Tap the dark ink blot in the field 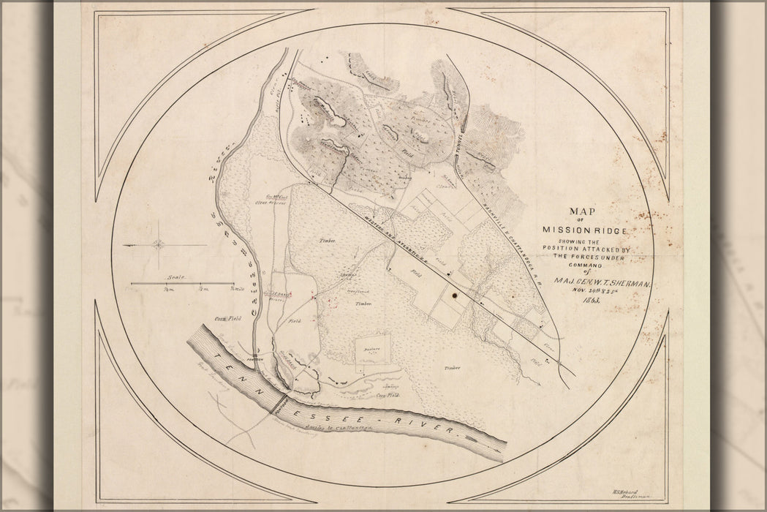(456, 295)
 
